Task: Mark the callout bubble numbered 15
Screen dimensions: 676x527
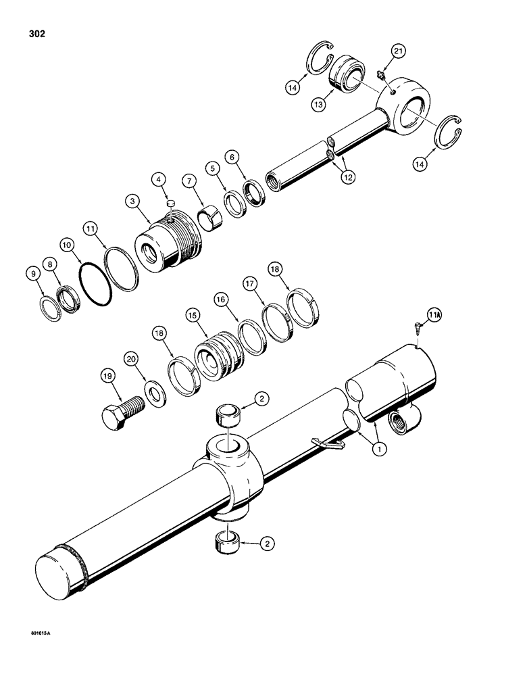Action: [x=193, y=315]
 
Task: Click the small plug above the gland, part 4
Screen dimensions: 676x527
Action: [x=170, y=201]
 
